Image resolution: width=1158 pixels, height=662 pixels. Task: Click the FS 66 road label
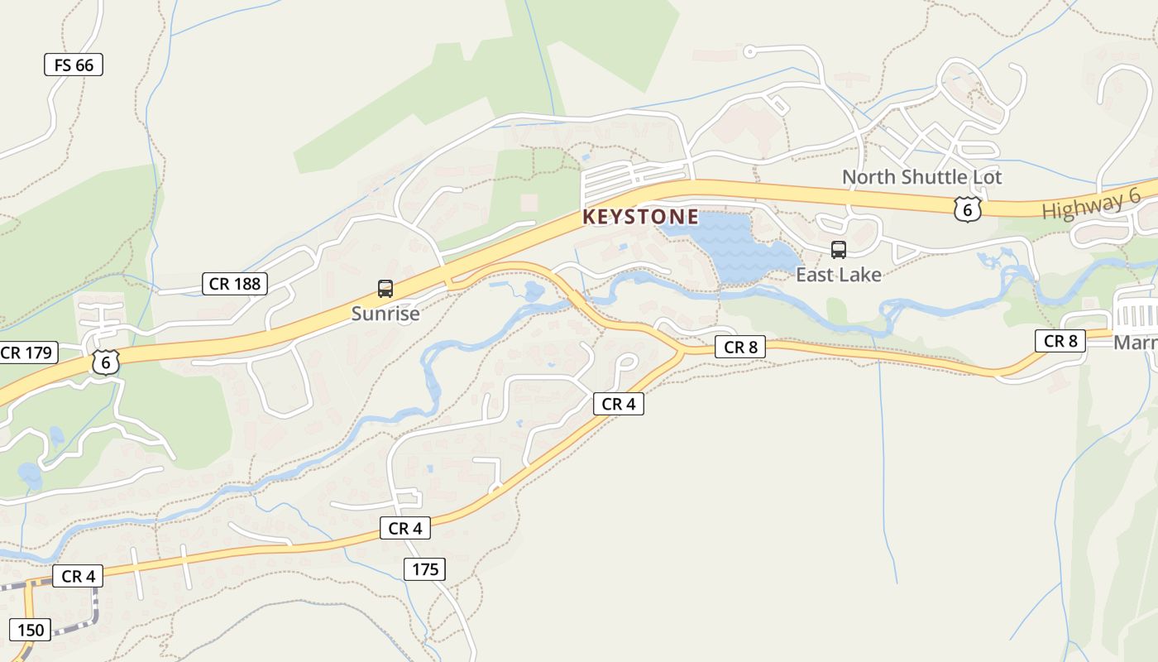click(74, 65)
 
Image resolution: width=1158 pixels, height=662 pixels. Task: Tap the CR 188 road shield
click(235, 284)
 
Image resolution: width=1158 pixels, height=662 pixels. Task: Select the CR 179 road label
click(27, 353)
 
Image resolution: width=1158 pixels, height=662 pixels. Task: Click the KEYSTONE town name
click(640, 218)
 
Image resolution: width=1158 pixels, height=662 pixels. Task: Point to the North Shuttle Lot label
click(921, 177)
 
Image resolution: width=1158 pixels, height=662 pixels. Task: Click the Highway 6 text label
click(1091, 204)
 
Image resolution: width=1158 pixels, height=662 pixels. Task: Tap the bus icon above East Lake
click(838, 250)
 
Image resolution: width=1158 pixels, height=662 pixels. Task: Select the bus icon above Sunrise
click(385, 289)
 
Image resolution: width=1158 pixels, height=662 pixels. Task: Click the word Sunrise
click(385, 314)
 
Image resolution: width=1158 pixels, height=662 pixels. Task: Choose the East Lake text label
click(838, 275)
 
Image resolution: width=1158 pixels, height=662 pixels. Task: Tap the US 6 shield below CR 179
click(106, 362)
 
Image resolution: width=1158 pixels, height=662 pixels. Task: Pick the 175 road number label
click(425, 569)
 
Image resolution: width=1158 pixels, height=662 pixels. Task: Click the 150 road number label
click(30, 630)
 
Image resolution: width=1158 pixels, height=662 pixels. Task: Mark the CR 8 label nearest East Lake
click(740, 348)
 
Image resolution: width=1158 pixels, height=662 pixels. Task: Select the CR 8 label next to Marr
click(1060, 341)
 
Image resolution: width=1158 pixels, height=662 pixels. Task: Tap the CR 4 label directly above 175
click(405, 528)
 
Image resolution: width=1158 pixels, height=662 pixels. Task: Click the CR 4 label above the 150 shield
click(79, 576)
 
